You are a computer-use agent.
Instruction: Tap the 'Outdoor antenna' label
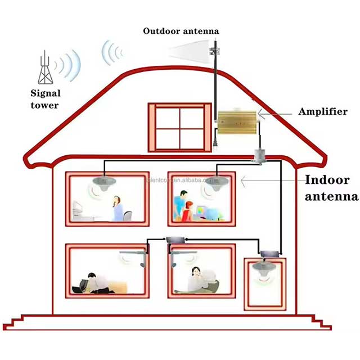[x=181, y=31]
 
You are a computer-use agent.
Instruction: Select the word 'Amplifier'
[x=322, y=112]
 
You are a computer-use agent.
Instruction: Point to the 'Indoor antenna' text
[x=331, y=188]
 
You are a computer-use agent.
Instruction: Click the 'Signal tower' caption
[x=45, y=98]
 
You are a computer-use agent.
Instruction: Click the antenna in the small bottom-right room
[x=263, y=269]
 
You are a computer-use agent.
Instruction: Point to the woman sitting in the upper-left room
[x=118, y=209]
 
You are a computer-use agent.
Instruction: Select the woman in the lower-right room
[x=197, y=280]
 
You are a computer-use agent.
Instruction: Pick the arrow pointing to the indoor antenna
[x=270, y=181]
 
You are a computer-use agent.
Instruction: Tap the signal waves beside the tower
[x=70, y=63]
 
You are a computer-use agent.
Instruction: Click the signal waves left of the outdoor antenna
[x=112, y=52]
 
